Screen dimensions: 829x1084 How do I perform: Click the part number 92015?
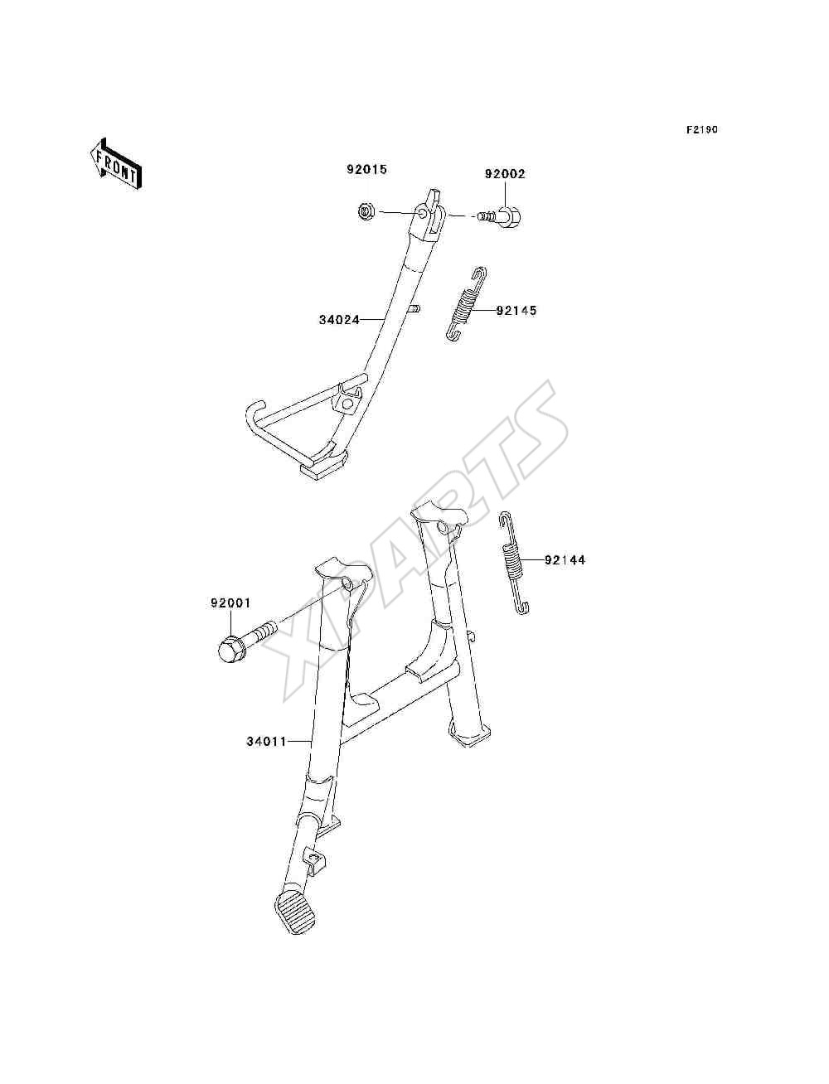[x=366, y=170]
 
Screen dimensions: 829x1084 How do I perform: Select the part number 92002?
[x=505, y=174]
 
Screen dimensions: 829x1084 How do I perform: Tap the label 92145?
[x=516, y=311]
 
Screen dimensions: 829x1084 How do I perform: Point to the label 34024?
[x=339, y=320]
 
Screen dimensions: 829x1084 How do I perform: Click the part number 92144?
[x=565, y=560]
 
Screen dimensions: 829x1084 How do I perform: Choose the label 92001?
[x=230, y=603]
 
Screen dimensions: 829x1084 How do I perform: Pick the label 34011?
[x=267, y=755]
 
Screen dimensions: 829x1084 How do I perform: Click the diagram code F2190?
[x=702, y=130]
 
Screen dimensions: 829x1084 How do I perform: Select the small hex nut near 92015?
[x=366, y=212]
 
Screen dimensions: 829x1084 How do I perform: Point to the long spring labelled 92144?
[x=514, y=563]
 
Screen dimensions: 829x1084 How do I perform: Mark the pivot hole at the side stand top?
[x=422, y=213]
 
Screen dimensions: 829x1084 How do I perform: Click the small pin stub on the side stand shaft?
[x=414, y=310]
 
